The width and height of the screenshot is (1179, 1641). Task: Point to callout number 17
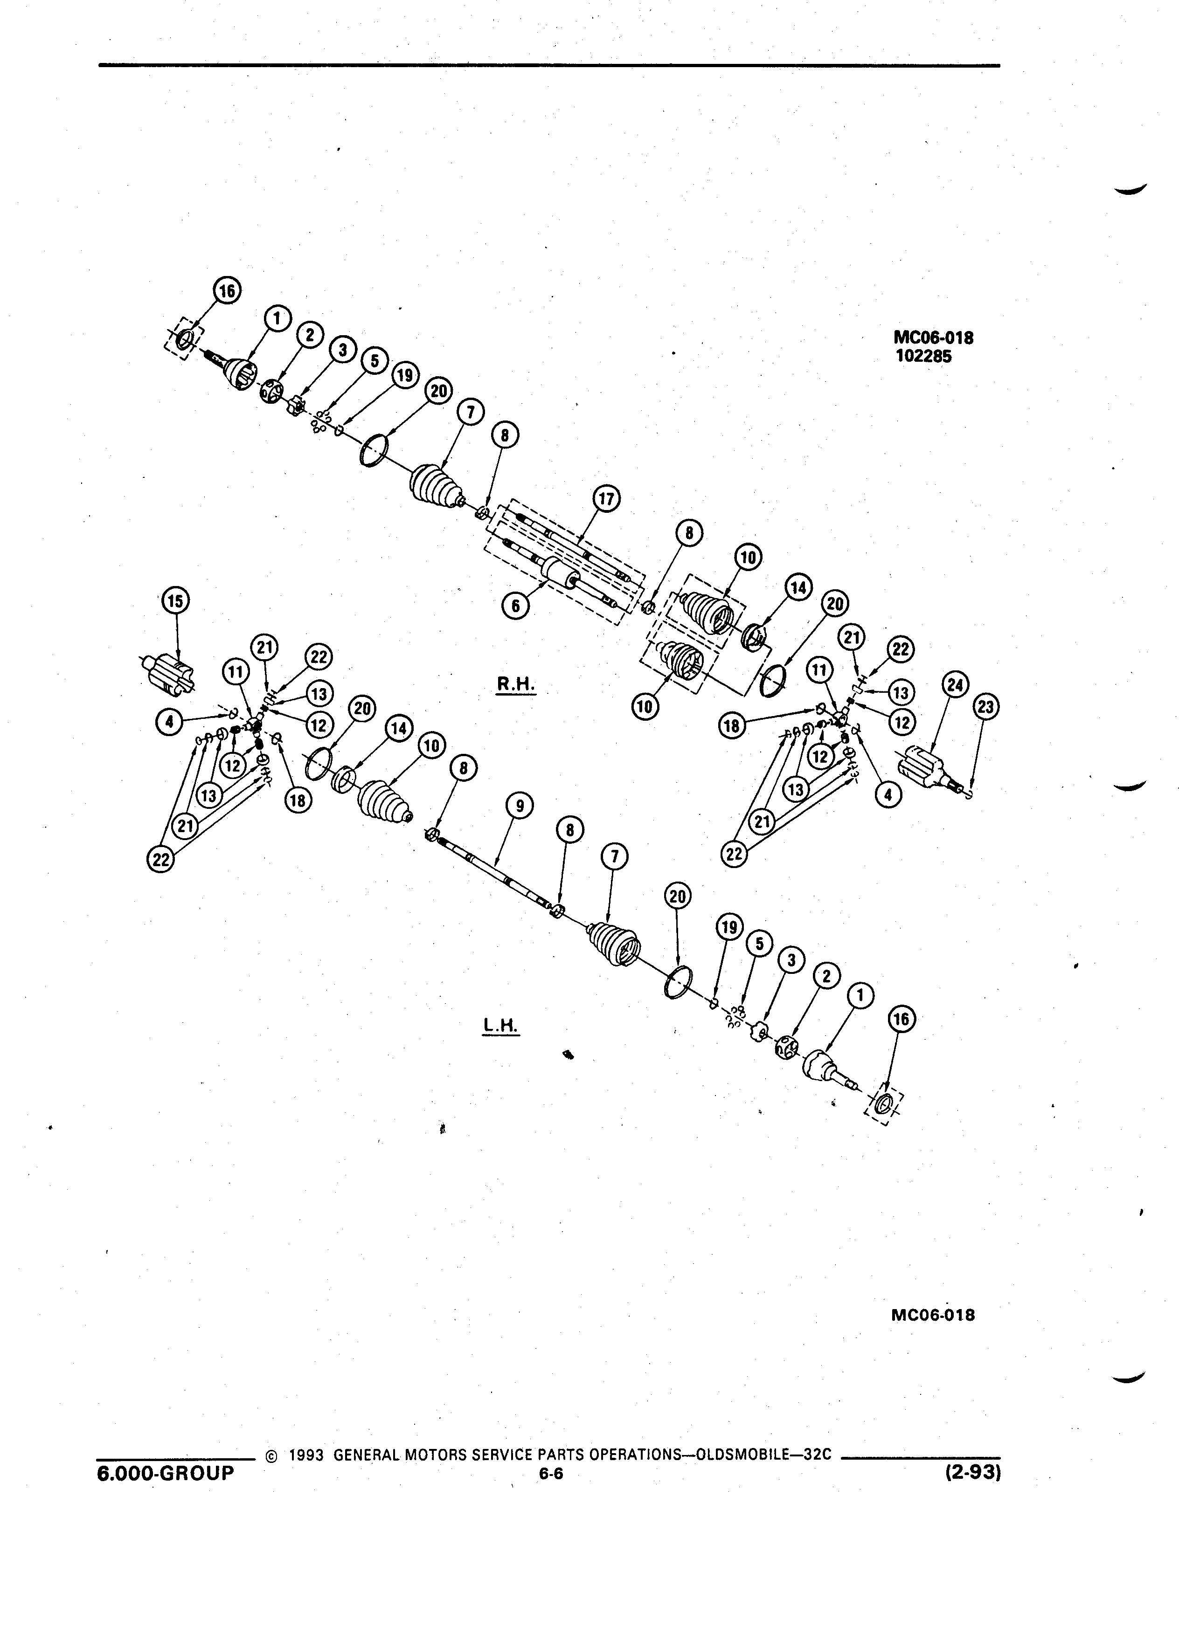click(x=606, y=499)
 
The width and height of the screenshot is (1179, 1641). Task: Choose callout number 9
click(x=520, y=806)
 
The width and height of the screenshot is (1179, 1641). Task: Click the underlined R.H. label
click(x=516, y=684)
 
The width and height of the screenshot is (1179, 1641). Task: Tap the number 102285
click(x=923, y=357)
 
